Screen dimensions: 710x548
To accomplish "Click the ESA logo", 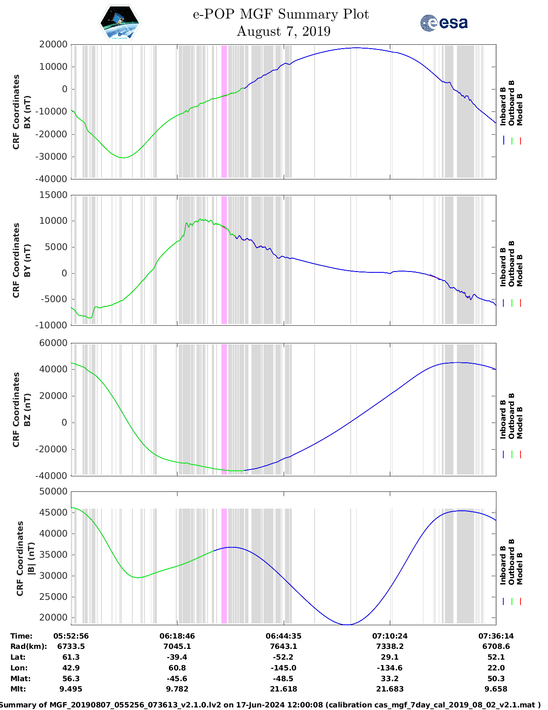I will pos(444,23).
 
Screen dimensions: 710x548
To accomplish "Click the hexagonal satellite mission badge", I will pos(119,23).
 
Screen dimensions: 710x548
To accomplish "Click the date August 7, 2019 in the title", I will pos(283,31).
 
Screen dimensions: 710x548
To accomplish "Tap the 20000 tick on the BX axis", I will pos(53,44).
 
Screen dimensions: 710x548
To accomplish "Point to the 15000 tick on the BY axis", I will pos(53,195).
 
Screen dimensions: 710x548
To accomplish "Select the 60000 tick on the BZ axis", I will pos(53,343).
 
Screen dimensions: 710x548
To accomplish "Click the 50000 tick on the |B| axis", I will pos(53,491).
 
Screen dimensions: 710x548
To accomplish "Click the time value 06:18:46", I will pos(177,636).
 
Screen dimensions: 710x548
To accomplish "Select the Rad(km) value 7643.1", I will pos(284,646).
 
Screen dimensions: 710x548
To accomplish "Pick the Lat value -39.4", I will pos(177,657).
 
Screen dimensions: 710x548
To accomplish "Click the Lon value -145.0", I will pos(284,668).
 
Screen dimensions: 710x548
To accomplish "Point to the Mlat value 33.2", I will pos(390,679).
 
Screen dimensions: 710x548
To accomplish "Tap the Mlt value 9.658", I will pos(496,689).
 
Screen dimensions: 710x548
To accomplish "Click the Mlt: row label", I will pos(18,689).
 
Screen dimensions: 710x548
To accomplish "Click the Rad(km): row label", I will pos(28,646).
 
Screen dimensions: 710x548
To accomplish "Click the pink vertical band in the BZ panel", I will pos(224,409).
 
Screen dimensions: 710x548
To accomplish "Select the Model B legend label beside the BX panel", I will pos(520,109).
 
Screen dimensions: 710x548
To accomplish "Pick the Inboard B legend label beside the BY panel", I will pos(503,267).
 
